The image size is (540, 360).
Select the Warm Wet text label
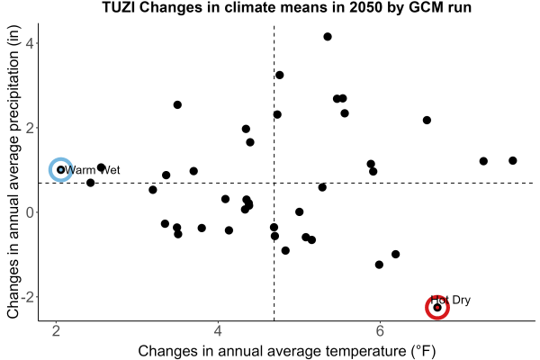pyautogui.click(x=93, y=170)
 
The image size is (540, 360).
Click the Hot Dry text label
pyautogui.click(x=451, y=300)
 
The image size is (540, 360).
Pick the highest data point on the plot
pyautogui.click(x=328, y=37)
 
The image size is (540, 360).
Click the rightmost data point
pyautogui.click(x=513, y=160)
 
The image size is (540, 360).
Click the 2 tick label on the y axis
pyautogui.click(x=30, y=128)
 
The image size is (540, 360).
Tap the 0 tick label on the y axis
pyautogui.click(x=30, y=212)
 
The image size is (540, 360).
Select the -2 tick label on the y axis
pyautogui.click(x=28, y=297)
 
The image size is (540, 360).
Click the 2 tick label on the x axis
pyautogui.click(x=56, y=331)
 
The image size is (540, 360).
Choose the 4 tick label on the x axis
pyautogui.click(x=218, y=331)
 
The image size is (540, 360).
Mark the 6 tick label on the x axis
pyautogui.click(x=380, y=331)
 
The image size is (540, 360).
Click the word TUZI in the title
pyautogui.click(x=119, y=7)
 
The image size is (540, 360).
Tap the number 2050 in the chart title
pyautogui.click(x=365, y=7)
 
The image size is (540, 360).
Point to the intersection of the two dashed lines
pyautogui.click(x=274, y=183)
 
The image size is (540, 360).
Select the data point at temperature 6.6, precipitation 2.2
pyautogui.click(x=427, y=121)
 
